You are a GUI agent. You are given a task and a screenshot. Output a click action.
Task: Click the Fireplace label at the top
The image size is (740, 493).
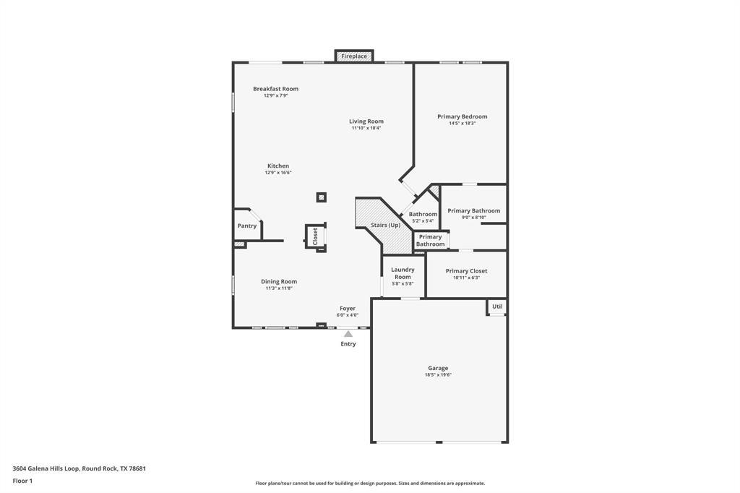pos(354,56)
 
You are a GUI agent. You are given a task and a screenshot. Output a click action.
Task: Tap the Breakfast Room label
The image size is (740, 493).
pos(275,89)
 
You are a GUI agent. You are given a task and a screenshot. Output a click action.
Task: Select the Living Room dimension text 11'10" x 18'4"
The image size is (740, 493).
pos(366,128)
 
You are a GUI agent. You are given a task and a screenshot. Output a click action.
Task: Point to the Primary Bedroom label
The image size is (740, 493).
pos(462,116)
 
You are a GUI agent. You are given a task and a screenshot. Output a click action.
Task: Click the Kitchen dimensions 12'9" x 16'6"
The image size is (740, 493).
pos(278,173)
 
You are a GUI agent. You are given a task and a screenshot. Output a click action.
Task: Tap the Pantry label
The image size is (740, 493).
pos(247,226)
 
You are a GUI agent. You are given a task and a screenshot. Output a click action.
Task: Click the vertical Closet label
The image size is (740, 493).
pos(315,236)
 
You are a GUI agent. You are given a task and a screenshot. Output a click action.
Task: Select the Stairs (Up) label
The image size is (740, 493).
pos(385,226)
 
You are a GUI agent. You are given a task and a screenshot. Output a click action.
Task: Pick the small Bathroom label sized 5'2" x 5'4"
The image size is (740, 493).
pos(423,214)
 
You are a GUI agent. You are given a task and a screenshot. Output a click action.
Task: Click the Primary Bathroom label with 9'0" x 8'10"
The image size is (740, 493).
pos(473,211)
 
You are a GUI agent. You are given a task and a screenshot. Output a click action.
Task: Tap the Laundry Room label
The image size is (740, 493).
pos(403,273)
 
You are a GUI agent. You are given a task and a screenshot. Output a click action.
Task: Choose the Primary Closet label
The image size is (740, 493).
pos(466,271)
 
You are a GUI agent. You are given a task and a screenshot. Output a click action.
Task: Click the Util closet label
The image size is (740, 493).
pos(496,306)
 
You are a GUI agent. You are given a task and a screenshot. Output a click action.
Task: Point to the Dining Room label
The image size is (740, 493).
pos(279,282)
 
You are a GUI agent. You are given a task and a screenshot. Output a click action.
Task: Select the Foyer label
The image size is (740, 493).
pos(348,309)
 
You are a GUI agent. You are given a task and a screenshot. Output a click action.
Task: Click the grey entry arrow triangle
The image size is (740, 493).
pos(348,334)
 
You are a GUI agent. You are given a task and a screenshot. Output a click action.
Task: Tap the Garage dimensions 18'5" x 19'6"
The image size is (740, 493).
pos(438,375)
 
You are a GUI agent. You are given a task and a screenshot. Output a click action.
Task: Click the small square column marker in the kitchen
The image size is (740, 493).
pos(322,197)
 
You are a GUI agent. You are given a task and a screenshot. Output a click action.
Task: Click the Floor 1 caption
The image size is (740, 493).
pos(22,481)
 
